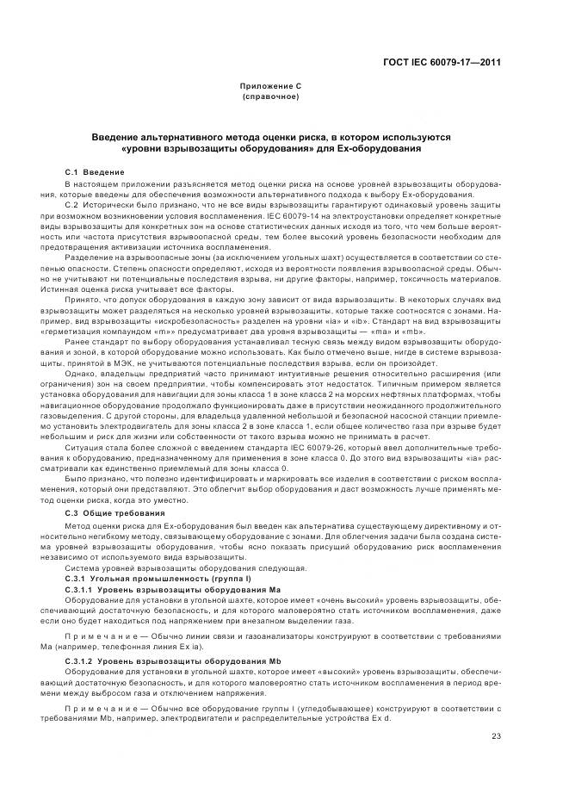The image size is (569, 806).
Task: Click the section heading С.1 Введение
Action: point(95,172)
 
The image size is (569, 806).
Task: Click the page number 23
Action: point(496,735)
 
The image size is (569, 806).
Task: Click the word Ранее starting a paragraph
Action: point(79,343)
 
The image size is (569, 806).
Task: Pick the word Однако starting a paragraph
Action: point(82,374)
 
